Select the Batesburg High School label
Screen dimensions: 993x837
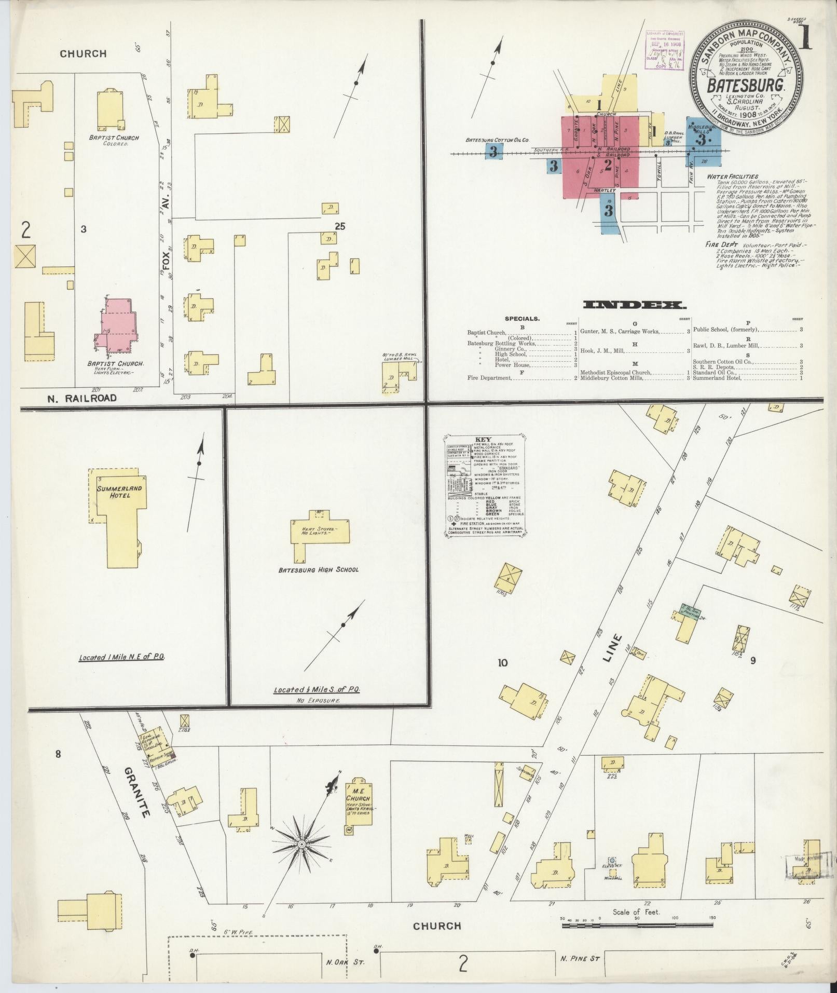(318, 569)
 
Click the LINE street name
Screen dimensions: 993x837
(613, 647)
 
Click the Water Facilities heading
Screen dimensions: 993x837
(732, 176)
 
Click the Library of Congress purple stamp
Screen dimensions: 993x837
(665, 50)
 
